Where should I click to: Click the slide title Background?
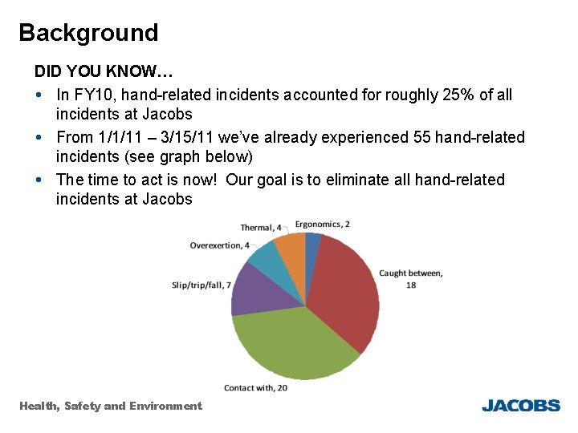pyautogui.click(x=88, y=33)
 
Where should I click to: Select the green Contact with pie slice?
pyautogui.click(x=293, y=345)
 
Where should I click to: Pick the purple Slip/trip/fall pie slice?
pyautogui.click(x=253, y=289)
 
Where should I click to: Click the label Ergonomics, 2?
pyautogui.click(x=322, y=225)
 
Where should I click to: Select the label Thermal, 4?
pyautogui.click(x=261, y=228)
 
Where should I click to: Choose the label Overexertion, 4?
pyautogui.click(x=219, y=245)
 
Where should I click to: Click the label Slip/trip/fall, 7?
pyautogui.click(x=201, y=285)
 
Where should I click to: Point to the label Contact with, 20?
pyautogui.click(x=255, y=388)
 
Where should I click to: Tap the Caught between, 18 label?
pyautogui.click(x=410, y=278)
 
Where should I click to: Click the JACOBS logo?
pyautogui.click(x=520, y=406)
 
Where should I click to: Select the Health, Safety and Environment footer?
pyautogui.click(x=111, y=406)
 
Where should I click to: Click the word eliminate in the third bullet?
pyautogui.click(x=382, y=180)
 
